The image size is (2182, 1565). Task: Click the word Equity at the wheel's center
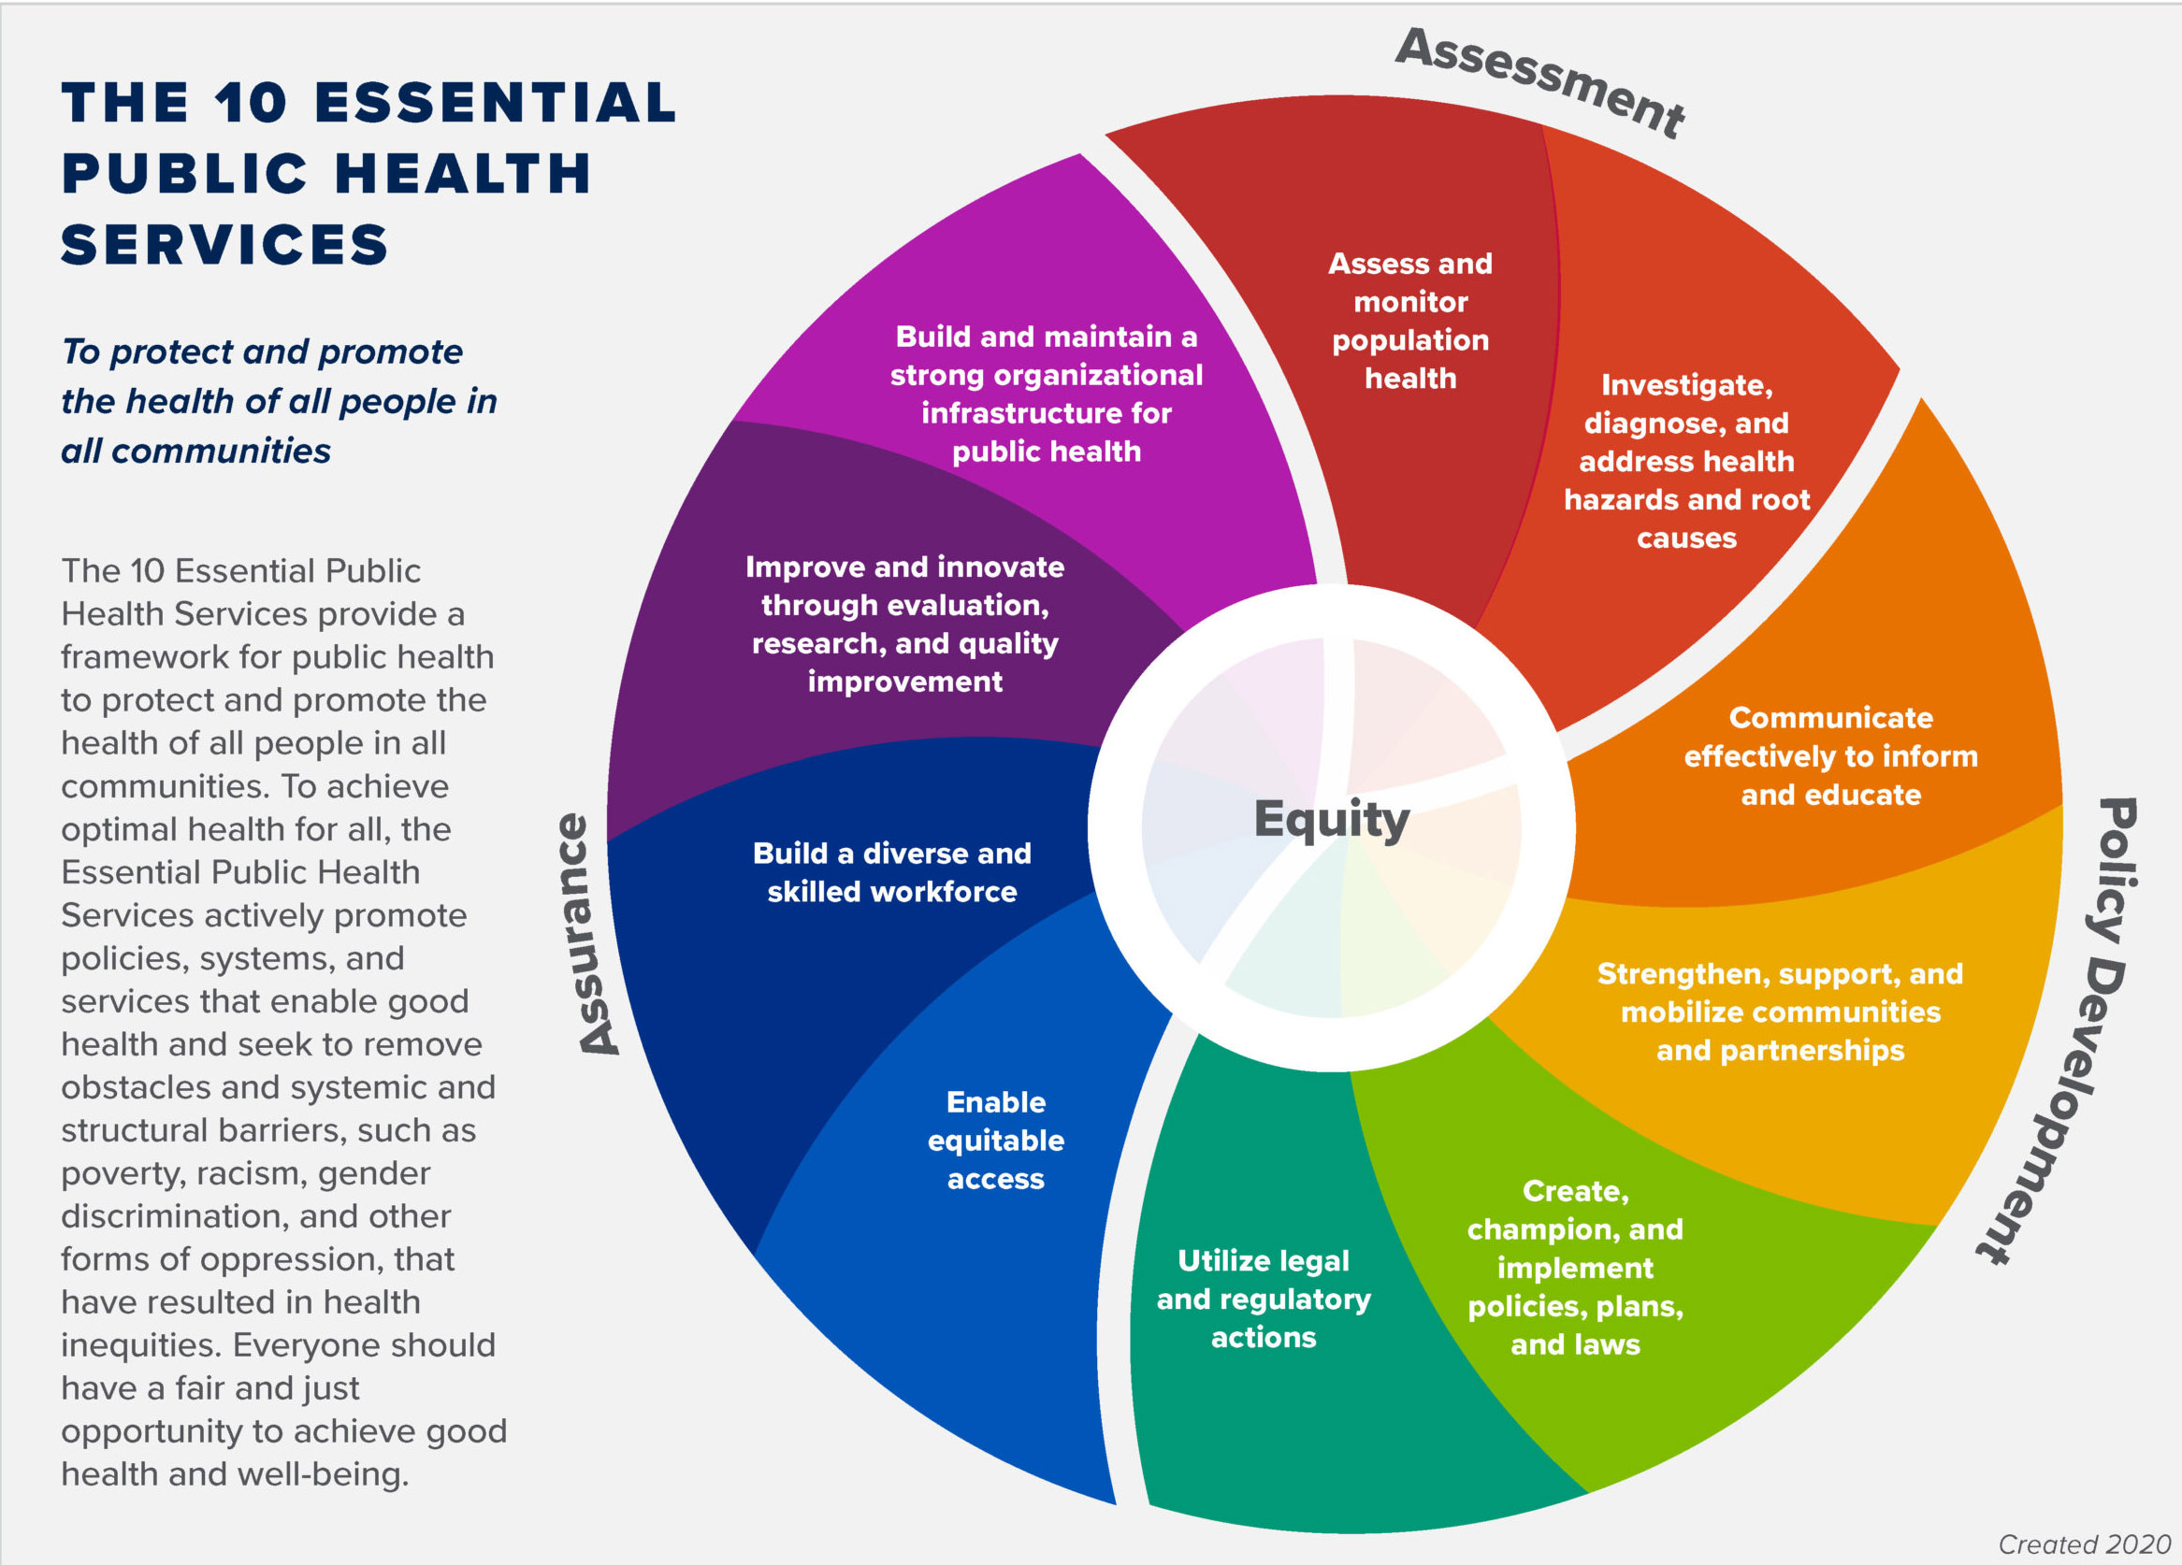(x=1332, y=820)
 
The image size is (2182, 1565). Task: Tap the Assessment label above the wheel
(x=1539, y=82)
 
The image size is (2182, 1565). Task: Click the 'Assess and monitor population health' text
(x=1410, y=321)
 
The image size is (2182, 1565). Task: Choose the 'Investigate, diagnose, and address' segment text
(x=1686, y=461)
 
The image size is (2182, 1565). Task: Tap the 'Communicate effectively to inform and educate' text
(x=1830, y=756)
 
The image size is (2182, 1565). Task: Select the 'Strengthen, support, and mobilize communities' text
(x=1780, y=1012)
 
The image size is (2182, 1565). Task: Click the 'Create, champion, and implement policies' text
(x=1575, y=1267)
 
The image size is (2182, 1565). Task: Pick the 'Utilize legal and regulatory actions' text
(x=1264, y=1299)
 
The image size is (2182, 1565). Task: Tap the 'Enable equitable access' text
(x=996, y=1140)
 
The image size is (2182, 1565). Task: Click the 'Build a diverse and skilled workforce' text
(x=892, y=872)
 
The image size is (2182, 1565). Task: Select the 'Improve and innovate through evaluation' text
(x=904, y=624)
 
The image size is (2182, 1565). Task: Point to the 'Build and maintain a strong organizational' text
(x=1046, y=394)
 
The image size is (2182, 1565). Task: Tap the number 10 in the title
(x=250, y=102)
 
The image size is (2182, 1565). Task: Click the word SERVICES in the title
(x=224, y=244)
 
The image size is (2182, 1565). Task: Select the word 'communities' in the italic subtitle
(x=221, y=451)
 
